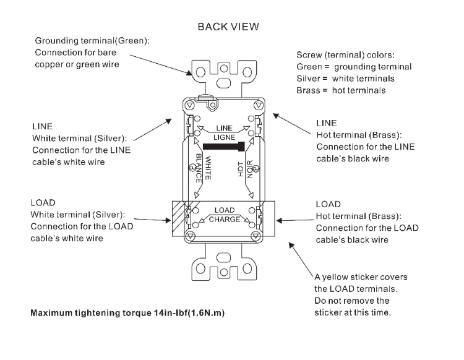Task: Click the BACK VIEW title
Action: tap(228, 27)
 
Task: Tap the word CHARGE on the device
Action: tap(224, 220)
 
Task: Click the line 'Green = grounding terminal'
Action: tap(353, 67)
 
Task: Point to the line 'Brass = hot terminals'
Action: tap(342, 90)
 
